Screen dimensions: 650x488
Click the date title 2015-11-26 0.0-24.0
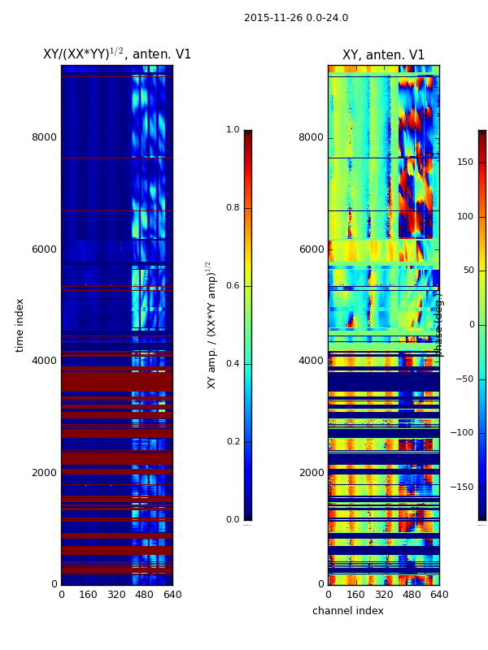(x=296, y=18)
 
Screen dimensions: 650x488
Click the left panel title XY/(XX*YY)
(x=116, y=54)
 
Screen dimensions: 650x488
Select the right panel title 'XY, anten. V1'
(x=383, y=55)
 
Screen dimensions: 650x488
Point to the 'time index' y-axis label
(x=20, y=325)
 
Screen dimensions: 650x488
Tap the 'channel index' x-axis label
(x=348, y=611)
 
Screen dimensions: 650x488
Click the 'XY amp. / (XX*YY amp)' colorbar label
(x=211, y=325)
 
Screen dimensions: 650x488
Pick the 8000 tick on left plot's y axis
(x=44, y=137)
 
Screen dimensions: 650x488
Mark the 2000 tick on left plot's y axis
(x=44, y=473)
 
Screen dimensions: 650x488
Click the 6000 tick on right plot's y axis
(x=312, y=249)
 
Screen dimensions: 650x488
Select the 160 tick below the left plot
(x=89, y=595)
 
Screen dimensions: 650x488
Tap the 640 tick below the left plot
(x=172, y=595)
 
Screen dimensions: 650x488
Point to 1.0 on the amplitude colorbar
(x=233, y=130)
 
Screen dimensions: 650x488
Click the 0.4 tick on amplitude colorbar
(x=233, y=364)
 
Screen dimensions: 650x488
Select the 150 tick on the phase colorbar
(x=464, y=162)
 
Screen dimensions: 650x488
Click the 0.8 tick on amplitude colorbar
(x=233, y=208)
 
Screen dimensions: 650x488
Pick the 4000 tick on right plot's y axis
(x=312, y=361)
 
